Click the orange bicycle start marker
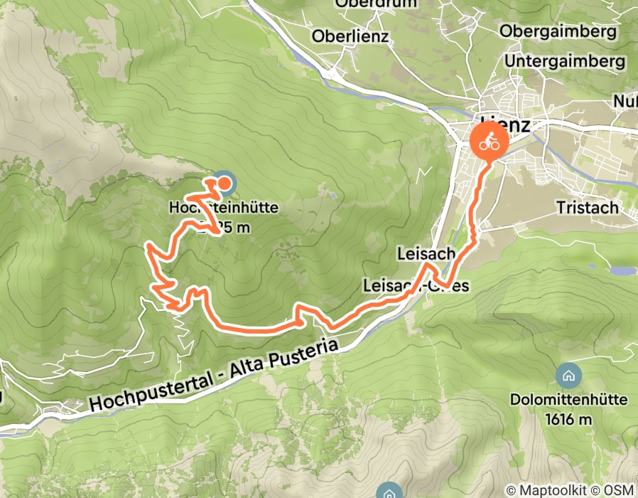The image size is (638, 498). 489,142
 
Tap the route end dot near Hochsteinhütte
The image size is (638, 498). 223,184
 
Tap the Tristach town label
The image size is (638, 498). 589,208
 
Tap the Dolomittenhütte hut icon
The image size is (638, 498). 568,375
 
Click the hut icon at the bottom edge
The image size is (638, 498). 388,492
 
